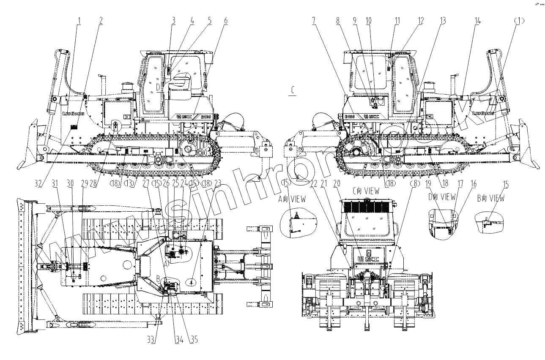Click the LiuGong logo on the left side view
[73, 113]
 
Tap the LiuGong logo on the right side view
[484, 113]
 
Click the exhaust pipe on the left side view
[101, 80]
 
